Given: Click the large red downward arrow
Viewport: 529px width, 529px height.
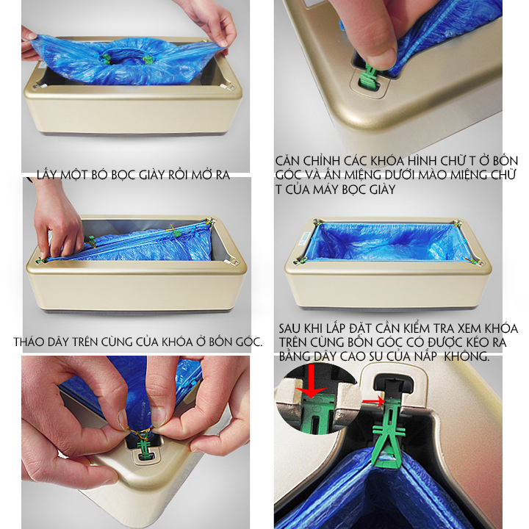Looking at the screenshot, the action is coord(311,381).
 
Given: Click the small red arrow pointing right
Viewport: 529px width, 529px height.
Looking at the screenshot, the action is coord(373,401).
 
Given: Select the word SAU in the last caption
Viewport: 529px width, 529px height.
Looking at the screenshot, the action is coord(291,328).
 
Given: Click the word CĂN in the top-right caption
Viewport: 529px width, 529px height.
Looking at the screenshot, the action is coord(287,161).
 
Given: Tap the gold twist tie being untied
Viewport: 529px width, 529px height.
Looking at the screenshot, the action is coord(140,431).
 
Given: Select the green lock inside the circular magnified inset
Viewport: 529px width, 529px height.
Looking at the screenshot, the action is coord(315,411).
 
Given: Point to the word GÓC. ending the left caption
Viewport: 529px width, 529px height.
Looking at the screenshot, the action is coord(248,342).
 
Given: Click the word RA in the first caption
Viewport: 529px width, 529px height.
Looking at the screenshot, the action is coord(222,175).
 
